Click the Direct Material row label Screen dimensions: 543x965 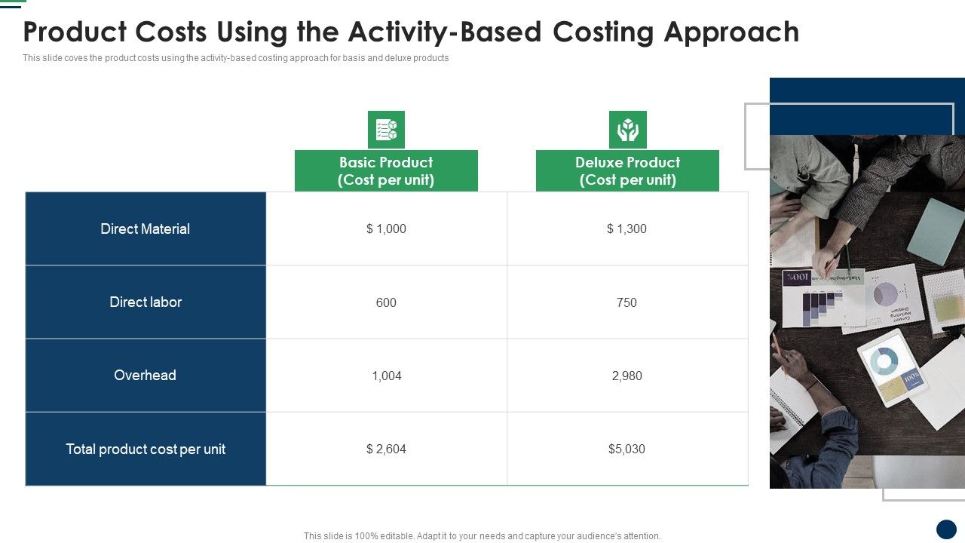[x=146, y=229]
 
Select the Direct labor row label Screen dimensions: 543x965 [x=146, y=302]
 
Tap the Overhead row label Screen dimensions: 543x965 [x=146, y=375]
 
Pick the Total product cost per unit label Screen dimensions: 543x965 [x=146, y=449]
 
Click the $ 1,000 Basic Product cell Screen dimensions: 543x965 [x=386, y=229]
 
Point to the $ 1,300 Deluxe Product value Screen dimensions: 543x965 [x=626, y=229]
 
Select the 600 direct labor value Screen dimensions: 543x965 [x=386, y=302]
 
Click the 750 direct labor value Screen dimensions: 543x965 [x=626, y=302]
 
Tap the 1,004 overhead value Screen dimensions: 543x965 [x=387, y=376]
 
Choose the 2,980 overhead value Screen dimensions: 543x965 [x=626, y=376]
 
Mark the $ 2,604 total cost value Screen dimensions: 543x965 [x=386, y=449]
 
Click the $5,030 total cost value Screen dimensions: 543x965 [x=626, y=449]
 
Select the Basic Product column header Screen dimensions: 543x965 [x=386, y=170]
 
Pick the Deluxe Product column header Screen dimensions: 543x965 [x=627, y=170]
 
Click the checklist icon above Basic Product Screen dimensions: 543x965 [x=386, y=130]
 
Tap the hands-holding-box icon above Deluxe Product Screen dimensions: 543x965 [x=628, y=130]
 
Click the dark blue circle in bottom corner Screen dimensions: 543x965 [x=946, y=529]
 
